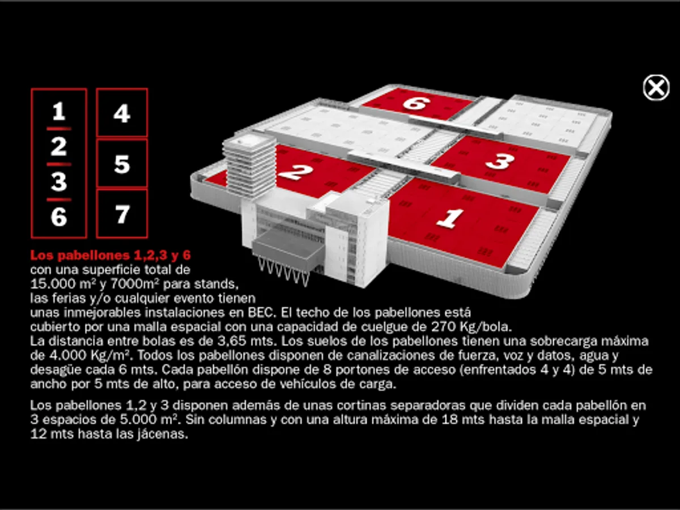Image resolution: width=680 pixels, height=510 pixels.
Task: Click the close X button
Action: pyautogui.click(x=656, y=88)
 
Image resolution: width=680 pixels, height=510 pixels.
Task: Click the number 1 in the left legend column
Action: pyautogui.click(x=59, y=111)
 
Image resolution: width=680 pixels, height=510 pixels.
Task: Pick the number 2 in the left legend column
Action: pyautogui.click(x=59, y=147)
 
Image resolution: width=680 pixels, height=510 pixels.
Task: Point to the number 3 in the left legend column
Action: pyautogui.click(x=59, y=182)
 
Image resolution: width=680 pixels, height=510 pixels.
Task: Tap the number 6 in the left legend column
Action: pyautogui.click(x=59, y=217)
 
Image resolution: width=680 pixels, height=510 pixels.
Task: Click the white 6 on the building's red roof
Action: pyautogui.click(x=416, y=103)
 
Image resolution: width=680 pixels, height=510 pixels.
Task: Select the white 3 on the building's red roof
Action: pyautogui.click(x=499, y=161)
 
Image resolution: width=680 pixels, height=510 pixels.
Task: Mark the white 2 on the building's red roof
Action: pyautogui.click(x=295, y=172)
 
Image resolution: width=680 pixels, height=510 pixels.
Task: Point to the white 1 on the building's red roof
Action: pyautogui.click(x=450, y=219)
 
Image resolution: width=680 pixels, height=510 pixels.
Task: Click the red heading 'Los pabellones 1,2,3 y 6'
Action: pyautogui.click(x=110, y=255)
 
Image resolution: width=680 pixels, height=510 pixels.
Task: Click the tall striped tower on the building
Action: pyautogui.click(x=249, y=167)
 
